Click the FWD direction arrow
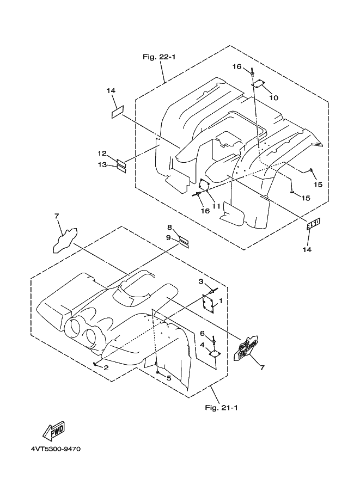[55, 431]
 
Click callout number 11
[216, 206]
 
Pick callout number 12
[103, 154]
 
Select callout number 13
[103, 165]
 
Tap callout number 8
[169, 227]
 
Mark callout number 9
[169, 238]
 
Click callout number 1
[221, 300]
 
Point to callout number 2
[106, 368]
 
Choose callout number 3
[200, 281]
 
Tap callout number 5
[168, 378]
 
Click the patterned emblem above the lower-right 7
[247, 347]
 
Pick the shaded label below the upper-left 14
[117, 112]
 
